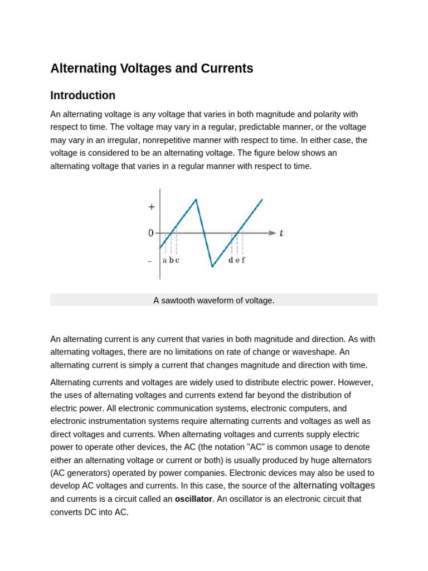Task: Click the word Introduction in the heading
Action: [82, 95]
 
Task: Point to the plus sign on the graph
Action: [151, 207]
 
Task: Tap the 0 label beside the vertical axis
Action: [150, 233]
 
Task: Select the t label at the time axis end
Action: [281, 234]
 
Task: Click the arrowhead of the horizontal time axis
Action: [273, 233]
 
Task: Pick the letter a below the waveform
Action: [164, 260]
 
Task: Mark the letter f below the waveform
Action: [243, 260]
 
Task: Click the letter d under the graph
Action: [231, 260]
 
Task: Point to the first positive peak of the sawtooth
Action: [196, 200]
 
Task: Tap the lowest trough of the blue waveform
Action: [212, 267]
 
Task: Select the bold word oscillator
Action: [193, 499]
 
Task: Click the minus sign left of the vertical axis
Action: [150, 261]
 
